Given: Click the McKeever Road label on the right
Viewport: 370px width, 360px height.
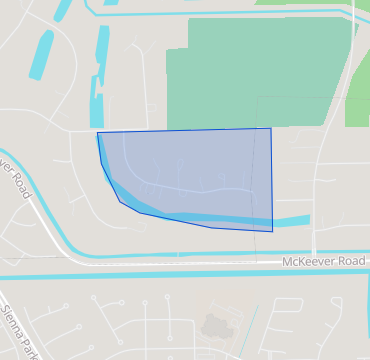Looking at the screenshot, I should [x=325, y=262].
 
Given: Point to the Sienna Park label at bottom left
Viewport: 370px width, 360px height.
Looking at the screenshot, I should [x=19, y=332].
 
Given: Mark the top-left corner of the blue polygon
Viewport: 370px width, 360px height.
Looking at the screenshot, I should [x=97, y=133].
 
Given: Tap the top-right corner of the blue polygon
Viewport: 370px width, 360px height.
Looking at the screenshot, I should [x=271, y=128].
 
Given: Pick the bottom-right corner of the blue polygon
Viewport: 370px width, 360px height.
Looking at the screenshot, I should [x=272, y=231].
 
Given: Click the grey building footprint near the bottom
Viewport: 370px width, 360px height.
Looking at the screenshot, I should [x=214, y=326].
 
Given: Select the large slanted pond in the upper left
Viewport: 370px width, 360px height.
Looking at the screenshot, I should [x=41, y=55].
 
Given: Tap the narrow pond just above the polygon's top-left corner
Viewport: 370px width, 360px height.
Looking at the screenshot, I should [x=97, y=100].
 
